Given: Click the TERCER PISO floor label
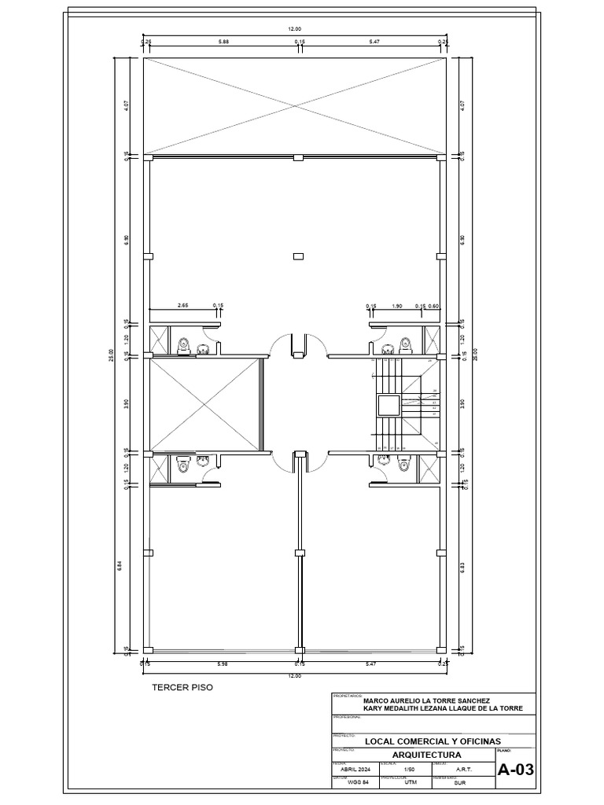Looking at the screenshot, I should point(182,687).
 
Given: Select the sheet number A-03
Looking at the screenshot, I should point(516,770).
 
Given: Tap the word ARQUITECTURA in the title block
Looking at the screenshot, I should point(414,754).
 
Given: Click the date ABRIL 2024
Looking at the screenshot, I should point(355,770).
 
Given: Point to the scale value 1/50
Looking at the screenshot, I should point(408,770).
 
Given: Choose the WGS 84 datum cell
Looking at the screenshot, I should point(355,783).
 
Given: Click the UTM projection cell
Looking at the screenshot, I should point(410,783).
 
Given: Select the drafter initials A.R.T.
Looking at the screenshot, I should point(464,770).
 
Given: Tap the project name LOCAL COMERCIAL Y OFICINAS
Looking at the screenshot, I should point(432,741).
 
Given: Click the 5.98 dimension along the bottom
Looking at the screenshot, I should point(223,664).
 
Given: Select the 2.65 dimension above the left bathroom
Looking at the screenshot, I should point(182,305).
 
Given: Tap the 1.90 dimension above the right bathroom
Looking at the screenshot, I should point(397,305).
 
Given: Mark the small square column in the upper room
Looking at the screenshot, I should point(297,255).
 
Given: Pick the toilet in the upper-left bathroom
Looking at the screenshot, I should point(183,344).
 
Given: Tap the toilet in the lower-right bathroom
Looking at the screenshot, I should point(405,465).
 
